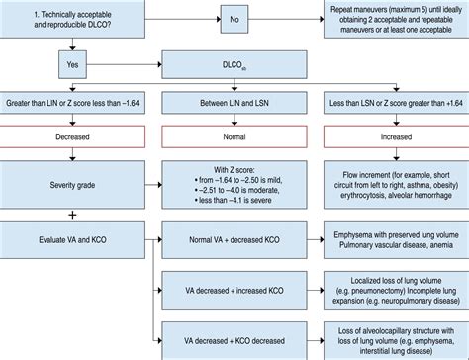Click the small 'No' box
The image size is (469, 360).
click(234, 19)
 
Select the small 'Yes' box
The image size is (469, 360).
click(72, 64)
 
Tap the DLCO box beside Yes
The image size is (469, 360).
click(234, 64)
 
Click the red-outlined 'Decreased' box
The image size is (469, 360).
click(72, 136)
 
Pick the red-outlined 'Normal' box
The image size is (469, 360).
click(234, 136)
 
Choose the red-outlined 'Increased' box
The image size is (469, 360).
click(396, 136)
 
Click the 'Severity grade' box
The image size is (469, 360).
click(72, 185)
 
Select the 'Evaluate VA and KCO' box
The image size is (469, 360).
click(72, 239)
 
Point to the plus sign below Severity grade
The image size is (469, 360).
click(72, 215)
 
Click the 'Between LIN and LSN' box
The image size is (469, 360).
click(234, 103)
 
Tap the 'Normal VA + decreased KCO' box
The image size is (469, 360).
click(234, 239)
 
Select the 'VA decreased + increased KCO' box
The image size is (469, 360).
click(234, 290)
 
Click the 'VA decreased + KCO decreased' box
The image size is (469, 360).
click(234, 341)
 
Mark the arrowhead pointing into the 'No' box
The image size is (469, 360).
click(219, 19)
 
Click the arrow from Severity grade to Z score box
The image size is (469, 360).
click(153, 185)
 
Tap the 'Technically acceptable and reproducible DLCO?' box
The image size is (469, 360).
click(72, 19)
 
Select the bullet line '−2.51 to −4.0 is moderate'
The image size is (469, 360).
click(237, 190)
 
